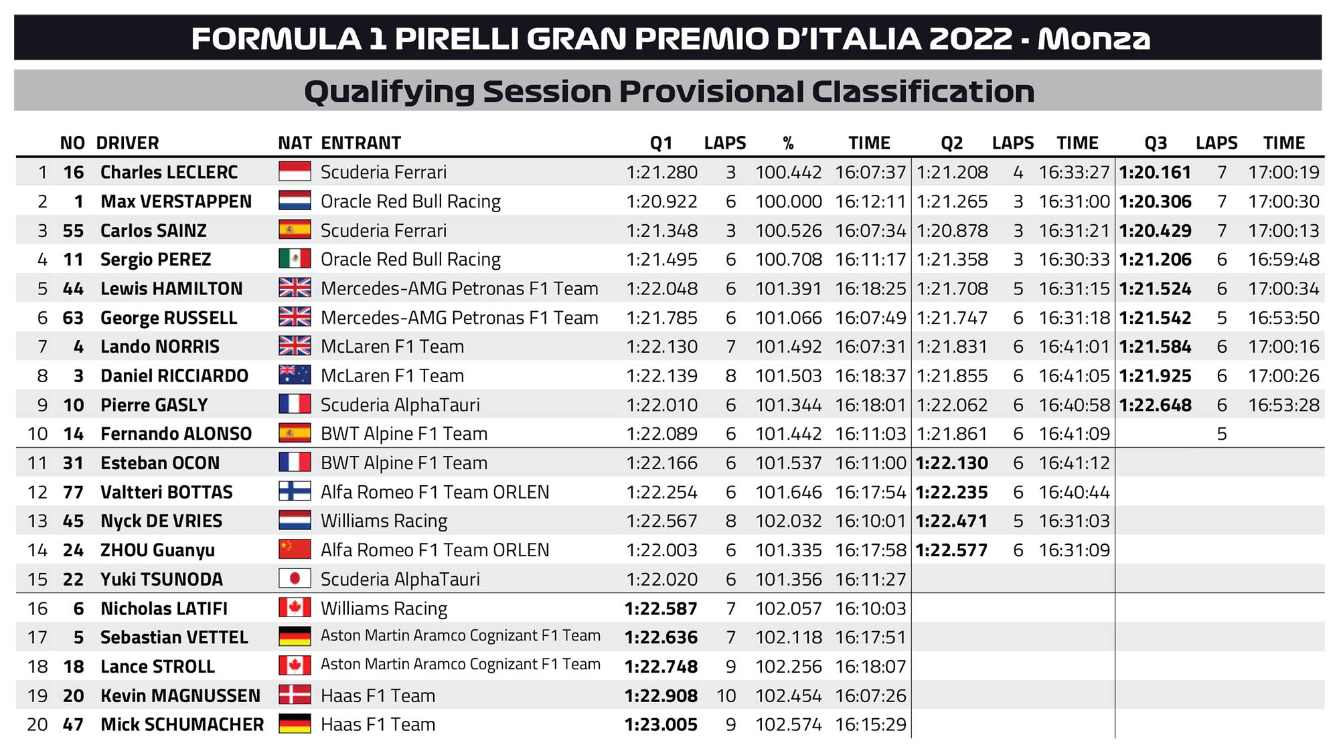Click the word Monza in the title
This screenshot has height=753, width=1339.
1093,39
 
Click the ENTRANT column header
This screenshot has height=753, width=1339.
361,143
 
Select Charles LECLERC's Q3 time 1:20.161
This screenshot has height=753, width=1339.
1155,173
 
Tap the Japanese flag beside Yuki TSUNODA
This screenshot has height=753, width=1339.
295,578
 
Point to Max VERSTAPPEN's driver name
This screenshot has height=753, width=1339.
176,201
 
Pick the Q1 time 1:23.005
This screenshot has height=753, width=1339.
661,725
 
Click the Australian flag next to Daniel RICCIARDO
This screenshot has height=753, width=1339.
295,375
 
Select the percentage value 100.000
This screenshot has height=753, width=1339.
788,201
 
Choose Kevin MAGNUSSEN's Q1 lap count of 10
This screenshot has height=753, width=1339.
726,696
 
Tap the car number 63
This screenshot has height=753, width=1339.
73,318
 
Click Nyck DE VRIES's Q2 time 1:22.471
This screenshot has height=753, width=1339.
951,521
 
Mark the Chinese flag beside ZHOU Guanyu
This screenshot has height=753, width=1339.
295,550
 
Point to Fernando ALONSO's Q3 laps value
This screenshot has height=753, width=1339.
1222,434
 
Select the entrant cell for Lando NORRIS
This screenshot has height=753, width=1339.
392,347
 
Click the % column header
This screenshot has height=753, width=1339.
788,143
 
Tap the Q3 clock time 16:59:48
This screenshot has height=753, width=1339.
1283,260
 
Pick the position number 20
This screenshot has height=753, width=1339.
37,725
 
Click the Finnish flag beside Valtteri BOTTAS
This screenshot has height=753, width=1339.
295,492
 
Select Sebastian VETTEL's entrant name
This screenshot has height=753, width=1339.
460,636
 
